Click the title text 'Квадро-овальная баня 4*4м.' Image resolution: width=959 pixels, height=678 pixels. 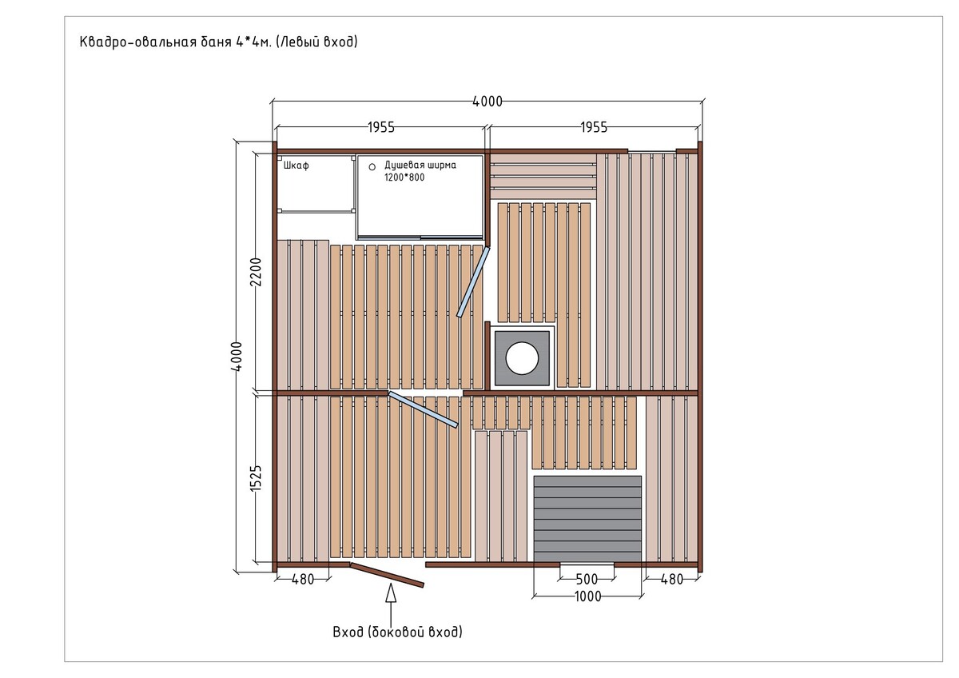pyautogui.click(x=176, y=42)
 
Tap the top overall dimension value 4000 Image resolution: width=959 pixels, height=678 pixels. pyautogui.click(x=487, y=102)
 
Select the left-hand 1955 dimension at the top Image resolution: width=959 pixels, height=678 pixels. pyautogui.click(x=381, y=127)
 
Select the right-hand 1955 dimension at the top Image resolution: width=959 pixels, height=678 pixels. pyautogui.click(x=594, y=127)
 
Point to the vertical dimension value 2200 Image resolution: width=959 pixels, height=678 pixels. pyautogui.click(x=256, y=272)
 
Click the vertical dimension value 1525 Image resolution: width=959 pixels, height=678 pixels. pyautogui.click(x=256, y=478)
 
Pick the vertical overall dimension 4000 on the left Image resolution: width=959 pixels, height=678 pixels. pyautogui.click(x=237, y=357)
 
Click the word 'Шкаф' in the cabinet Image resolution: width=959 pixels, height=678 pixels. pyautogui.click(x=296, y=166)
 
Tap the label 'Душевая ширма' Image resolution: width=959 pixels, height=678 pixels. pyautogui.click(x=420, y=165)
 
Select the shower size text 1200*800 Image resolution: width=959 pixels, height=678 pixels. pyautogui.click(x=404, y=177)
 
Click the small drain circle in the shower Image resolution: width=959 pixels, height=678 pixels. pyautogui.click(x=372, y=167)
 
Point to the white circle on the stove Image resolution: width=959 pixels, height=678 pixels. pyautogui.click(x=522, y=357)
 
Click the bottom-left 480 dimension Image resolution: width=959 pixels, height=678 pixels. pyautogui.click(x=303, y=579)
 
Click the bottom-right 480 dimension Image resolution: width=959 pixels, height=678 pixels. pyautogui.click(x=672, y=579)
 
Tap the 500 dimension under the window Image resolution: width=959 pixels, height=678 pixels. pyautogui.click(x=587, y=579)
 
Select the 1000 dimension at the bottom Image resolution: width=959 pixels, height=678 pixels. pyautogui.click(x=588, y=596)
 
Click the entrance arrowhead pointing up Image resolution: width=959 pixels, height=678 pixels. pyautogui.click(x=391, y=593)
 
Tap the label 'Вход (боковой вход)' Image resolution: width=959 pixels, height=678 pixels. pyautogui.click(x=398, y=632)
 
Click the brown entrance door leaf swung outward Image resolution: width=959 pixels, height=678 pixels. pyautogui.click(x=387, y=575)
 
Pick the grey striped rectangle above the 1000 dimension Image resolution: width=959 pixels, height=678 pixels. pyautogui.click(x=587, y=519)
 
